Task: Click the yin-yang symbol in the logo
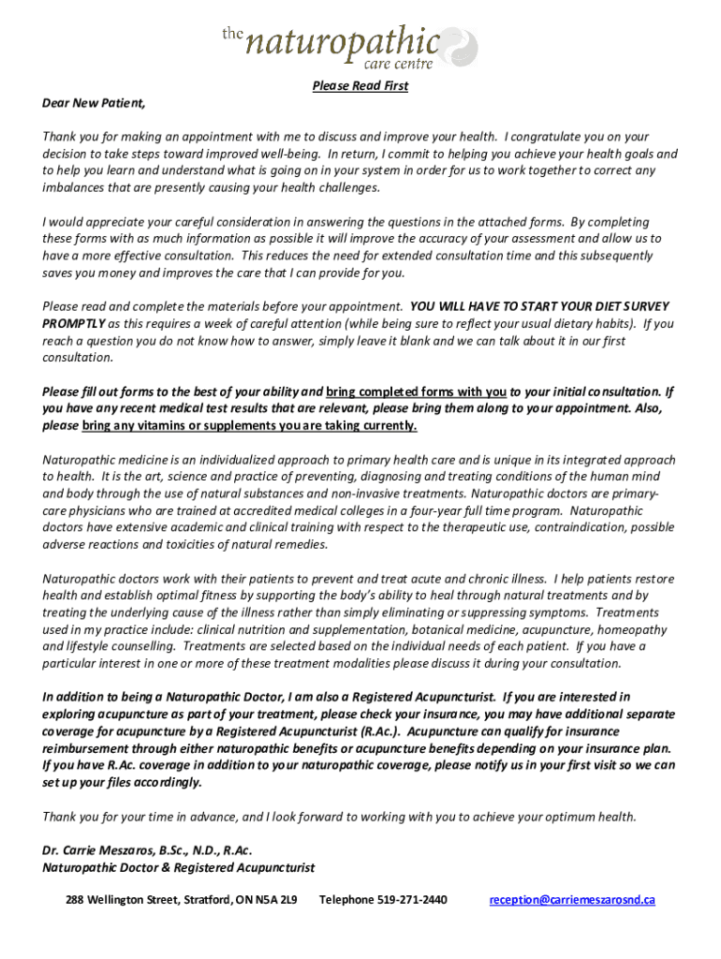click(460, 46)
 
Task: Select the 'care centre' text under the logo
click(398, 64)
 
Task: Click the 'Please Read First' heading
click(360, 86)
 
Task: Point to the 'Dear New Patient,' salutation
click(94, 103)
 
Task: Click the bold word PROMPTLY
click(73, 323)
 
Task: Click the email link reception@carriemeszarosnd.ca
click(572, 900)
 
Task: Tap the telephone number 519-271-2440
click(412, 900)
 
